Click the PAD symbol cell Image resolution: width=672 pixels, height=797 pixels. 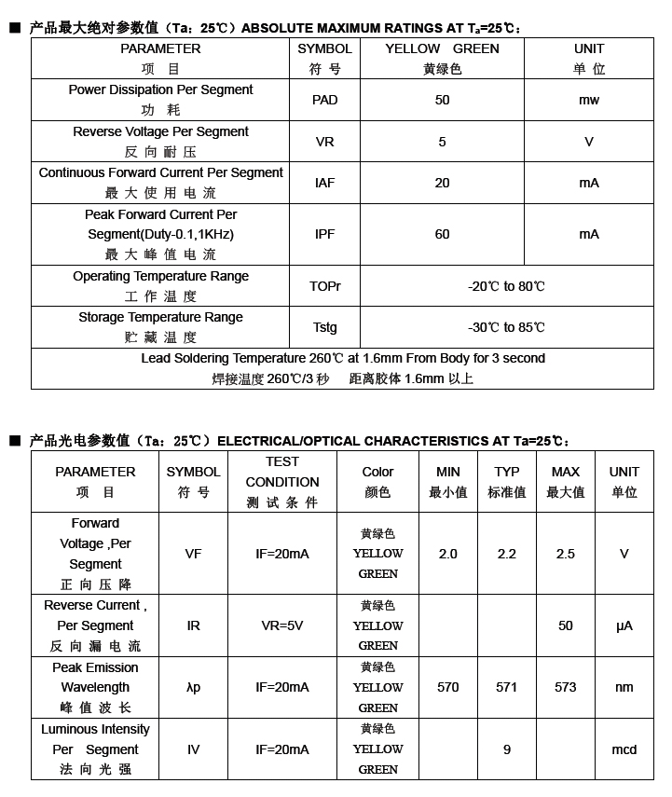tap(324, 100)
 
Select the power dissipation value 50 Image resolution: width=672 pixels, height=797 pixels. tap(442, 100)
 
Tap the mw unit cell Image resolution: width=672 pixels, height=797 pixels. tap(589, 100)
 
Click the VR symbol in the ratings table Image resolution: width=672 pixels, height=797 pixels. tap(324, 142)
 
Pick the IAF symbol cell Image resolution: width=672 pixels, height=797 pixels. tap(324, 183)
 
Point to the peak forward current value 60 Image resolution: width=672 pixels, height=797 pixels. tap(442, 234)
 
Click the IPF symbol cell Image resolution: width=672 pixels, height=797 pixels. tap(324, 234)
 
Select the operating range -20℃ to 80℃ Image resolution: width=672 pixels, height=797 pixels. tap(506, 286)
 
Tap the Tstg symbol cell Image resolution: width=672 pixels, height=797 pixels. tap(324, 327)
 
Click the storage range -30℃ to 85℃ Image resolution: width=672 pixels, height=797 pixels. tap(506, 327)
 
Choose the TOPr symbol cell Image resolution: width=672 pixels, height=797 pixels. tap(324, 286)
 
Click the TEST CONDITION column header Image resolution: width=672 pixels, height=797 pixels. tap(282, 482)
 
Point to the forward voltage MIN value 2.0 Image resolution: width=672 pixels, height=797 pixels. tap(448, 554)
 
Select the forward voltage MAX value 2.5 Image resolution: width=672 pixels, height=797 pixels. tap(566, 554)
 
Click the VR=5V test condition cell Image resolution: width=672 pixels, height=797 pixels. tap(282, 625)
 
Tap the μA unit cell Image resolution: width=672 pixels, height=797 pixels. tap(624, 625)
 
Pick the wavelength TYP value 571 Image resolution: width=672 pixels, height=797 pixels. tap(507, 687)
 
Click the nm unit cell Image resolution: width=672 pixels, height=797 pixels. tap(624, 687)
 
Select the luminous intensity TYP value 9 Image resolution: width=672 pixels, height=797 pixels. tap(507, 749)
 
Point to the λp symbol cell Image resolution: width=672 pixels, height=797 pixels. tap(193, 687)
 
